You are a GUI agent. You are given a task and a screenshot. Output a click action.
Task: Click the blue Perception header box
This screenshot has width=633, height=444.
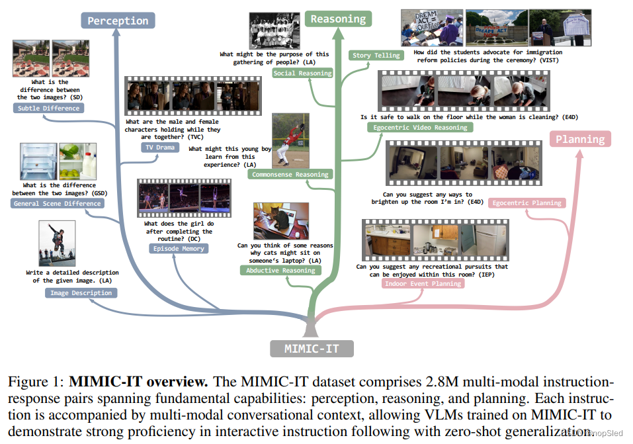click(118, 21)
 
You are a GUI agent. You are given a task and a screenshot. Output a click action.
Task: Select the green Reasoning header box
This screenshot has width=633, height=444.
click(338, 19)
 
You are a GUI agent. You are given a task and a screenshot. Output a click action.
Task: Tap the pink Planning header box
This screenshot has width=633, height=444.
click(579, 139)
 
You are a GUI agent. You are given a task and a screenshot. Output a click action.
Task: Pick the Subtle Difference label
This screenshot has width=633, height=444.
click(48, 108)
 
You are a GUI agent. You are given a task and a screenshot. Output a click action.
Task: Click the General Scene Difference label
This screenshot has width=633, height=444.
click(58, 203)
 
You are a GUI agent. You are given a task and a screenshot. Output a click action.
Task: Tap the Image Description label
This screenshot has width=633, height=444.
click(81, 292)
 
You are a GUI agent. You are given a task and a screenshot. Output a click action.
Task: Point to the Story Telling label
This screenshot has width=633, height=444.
click(376, 56)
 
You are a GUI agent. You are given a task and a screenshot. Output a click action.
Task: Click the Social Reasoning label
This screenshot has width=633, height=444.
click(302, 73)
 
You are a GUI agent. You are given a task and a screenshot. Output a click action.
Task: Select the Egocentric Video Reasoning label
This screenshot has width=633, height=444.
click(420, 127)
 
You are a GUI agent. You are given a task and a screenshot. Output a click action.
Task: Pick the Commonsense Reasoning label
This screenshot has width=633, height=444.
click(290, 175)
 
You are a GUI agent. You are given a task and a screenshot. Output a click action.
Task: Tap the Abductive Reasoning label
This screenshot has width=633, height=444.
click(280, 270)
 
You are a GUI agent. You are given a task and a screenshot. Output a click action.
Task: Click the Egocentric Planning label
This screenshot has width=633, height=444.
click(527, 203)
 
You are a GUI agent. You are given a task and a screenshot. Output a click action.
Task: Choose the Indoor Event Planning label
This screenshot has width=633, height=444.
click(423, 283)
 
